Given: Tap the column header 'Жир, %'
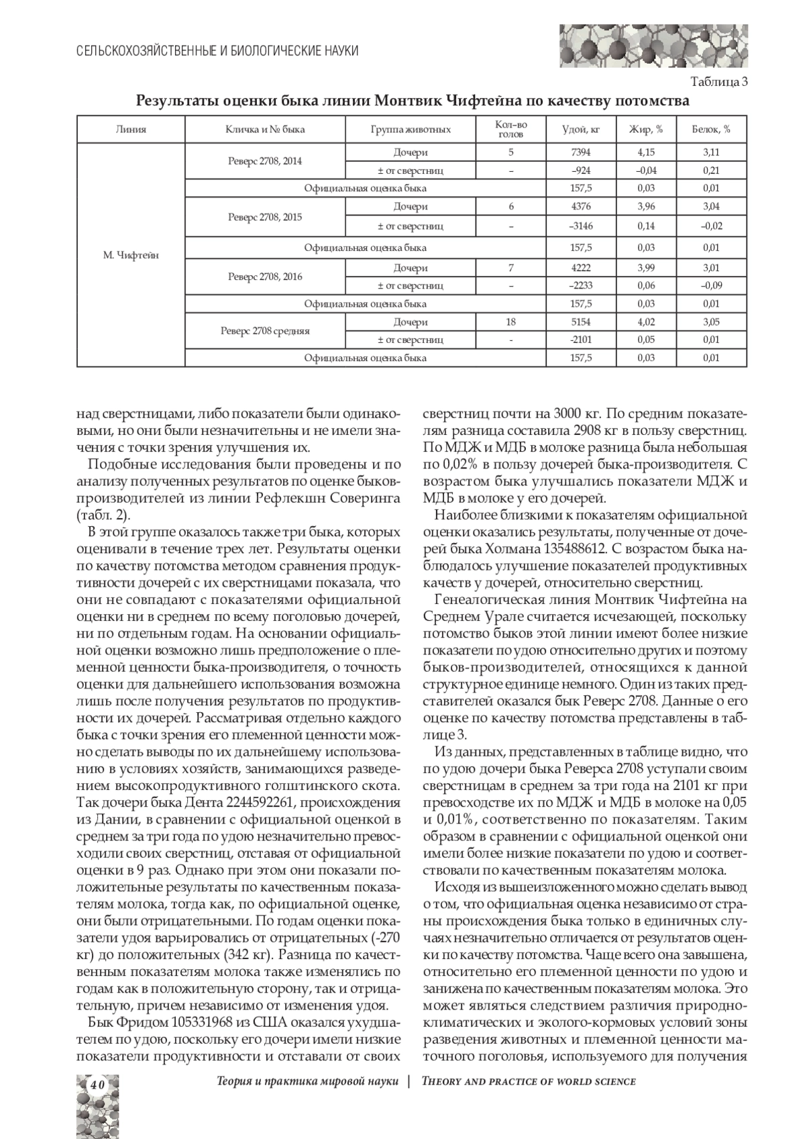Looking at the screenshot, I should (646, 130).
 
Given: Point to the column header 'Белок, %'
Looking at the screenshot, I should (711, 130).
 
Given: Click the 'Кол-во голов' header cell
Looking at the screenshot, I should (511, 130).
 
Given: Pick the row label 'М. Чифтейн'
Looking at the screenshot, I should (131, 255).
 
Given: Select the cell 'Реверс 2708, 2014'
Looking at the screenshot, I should (265, 161).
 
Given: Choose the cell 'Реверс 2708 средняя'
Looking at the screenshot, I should (265, 331).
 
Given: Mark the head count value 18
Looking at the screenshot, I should (511, 322).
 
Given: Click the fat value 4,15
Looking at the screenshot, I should (646, 152).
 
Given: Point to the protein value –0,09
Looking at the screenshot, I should (711, 285).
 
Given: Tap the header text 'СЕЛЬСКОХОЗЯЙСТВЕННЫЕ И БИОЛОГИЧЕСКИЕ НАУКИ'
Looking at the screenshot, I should (217, 51).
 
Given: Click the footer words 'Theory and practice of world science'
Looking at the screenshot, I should (528, 1081).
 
